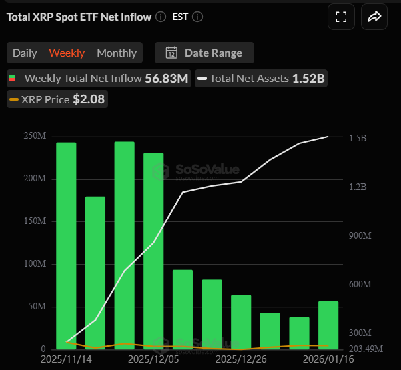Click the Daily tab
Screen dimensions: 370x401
(x=25, y=53)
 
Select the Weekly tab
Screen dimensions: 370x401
(x=67, y=53)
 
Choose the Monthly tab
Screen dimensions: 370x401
(x=117, y=53)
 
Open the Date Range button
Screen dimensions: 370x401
(x=204, y=53)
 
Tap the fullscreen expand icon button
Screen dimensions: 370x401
(x=341, y=17)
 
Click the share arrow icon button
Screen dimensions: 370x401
(x=374, y=17)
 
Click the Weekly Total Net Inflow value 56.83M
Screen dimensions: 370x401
(x=167, y=78)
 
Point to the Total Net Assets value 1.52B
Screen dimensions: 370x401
(x=308, y=78)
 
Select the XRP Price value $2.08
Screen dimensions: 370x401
(x=89, y=100)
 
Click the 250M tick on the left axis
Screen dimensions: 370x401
(x=35, y=137)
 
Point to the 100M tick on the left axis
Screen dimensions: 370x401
(x=35, y=265)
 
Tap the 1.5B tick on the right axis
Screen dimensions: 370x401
(x=358, y=139)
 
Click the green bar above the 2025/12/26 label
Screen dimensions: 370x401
(x=241, y=322)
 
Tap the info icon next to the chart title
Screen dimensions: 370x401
(x=161, y=17)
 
